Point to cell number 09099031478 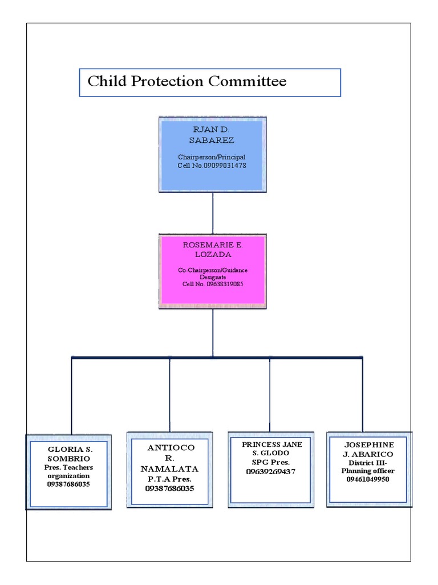click(212, 165)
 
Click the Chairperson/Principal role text click(212, 157)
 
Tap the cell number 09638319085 click(213, 283)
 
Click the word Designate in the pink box click(212, 277)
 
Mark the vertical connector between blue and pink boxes click(213, 213)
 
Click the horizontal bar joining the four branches click(217, 357)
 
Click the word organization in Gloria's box click(68, 475)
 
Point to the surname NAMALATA click(169, 468)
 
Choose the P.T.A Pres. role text click(169, 479)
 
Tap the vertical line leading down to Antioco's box click(169, 394)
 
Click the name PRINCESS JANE click(271, 444)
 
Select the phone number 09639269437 click(271, 471)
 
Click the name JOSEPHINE click(369, 444)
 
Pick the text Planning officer click(368, 471)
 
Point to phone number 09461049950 click(368, 479)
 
